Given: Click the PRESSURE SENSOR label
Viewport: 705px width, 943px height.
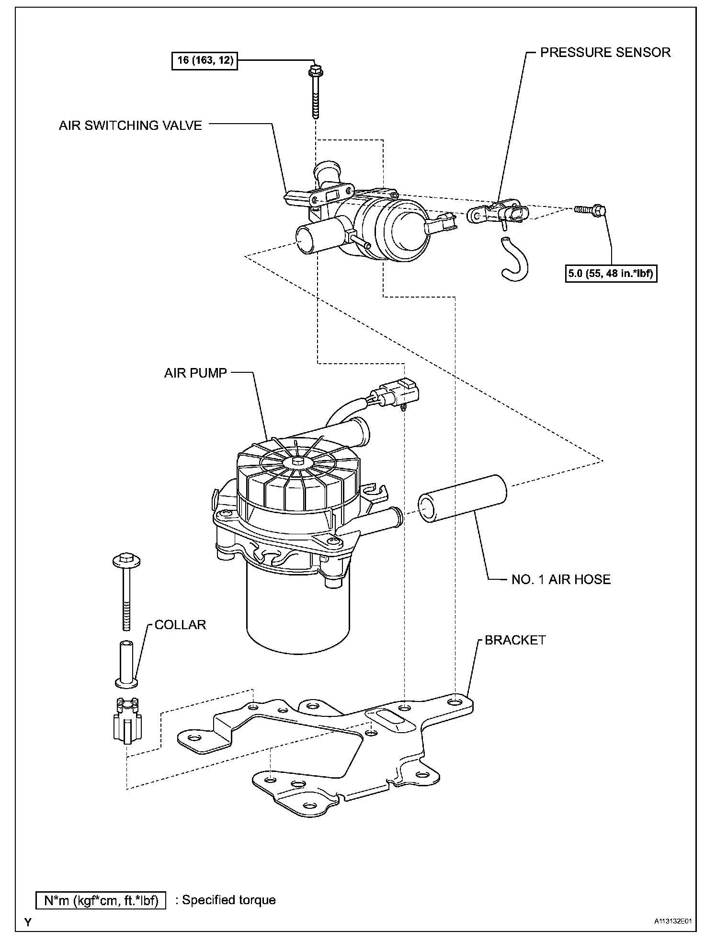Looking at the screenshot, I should (605, 52).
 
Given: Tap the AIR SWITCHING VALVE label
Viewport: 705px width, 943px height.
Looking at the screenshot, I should (130, 126).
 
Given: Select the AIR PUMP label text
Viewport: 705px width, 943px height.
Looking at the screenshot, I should (195, 373).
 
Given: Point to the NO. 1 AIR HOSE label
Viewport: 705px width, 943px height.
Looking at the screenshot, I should (561, 579).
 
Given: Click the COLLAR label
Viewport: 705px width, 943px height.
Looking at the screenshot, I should (180, 625).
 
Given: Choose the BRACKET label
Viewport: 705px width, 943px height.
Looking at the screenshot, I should (515, 640).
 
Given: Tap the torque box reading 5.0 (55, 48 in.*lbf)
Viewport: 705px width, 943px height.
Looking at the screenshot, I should (611, 274).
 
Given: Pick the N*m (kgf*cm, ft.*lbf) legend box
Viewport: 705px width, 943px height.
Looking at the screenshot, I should (101, 900).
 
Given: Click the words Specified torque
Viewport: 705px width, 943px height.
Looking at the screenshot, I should (229, 900).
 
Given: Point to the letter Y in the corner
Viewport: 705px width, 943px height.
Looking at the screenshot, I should (28, 921).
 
